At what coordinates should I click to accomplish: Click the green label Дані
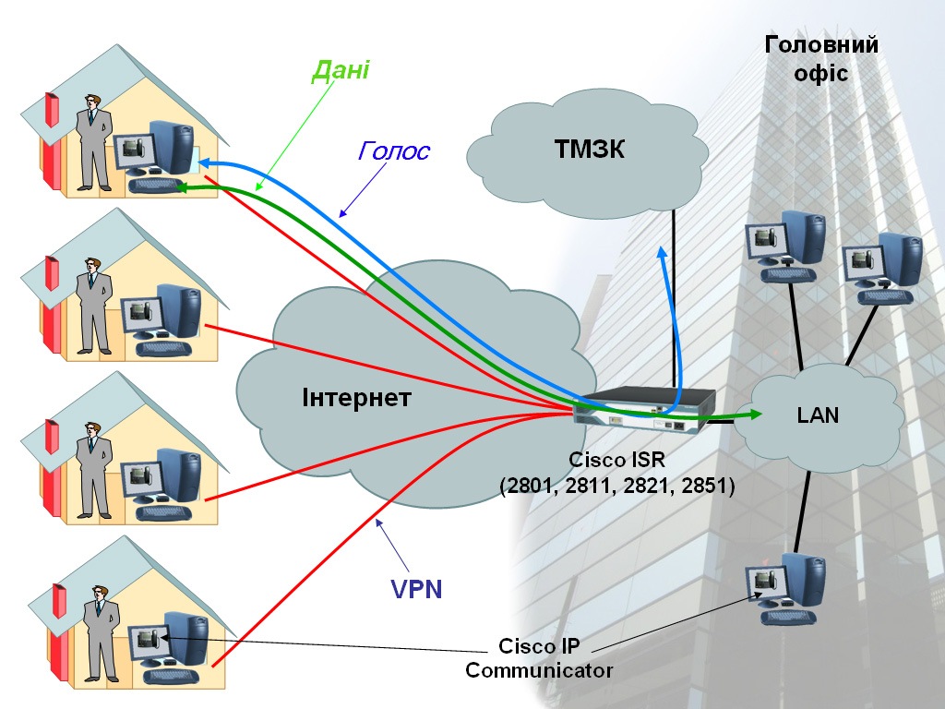(x=341, y=70)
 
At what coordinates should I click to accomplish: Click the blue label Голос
(x=393, y=150)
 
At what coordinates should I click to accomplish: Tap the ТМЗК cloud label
(x=590, y=149)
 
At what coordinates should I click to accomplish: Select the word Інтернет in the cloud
(x=357, y=398)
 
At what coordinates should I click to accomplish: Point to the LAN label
(x=818, y=415)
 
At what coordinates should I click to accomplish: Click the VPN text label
(x=416, y=589)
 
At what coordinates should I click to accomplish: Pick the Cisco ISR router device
(x=643, y=409)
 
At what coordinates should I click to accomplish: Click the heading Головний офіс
(x=821, y=58)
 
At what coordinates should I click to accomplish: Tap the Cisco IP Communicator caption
(x=539, y=658)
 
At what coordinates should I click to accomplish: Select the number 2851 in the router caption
(x=705, y=486)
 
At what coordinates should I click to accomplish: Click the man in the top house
(x=93, y=143)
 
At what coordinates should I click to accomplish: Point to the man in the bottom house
(x=101, y=633)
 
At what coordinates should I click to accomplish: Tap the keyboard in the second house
(x=163, y=348)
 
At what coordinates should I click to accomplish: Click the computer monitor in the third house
(x=141, y=478)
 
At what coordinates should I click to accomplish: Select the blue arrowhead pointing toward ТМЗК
(x=663, y=253)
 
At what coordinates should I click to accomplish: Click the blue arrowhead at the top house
(x=205, y=162)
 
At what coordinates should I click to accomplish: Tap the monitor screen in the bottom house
(x=146, y=637)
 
